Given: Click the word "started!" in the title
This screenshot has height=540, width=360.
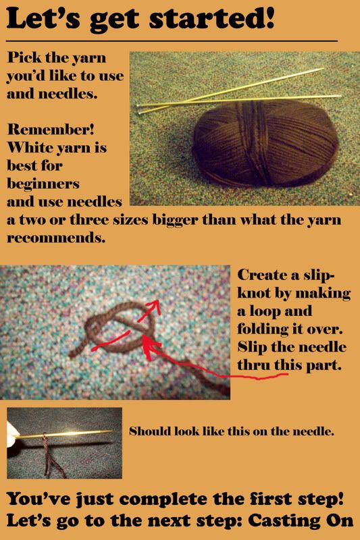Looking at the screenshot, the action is point(212,18).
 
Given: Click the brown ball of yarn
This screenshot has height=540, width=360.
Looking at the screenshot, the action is point(265,143).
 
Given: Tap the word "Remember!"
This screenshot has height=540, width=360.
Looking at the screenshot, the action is point(51,130).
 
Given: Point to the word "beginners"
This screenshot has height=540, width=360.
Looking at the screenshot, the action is point(43,184).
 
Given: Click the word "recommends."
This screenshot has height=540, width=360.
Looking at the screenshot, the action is point(56,238).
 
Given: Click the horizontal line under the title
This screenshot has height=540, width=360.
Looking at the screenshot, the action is point(172,41).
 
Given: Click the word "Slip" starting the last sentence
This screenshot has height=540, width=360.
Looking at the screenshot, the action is point(252,347).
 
